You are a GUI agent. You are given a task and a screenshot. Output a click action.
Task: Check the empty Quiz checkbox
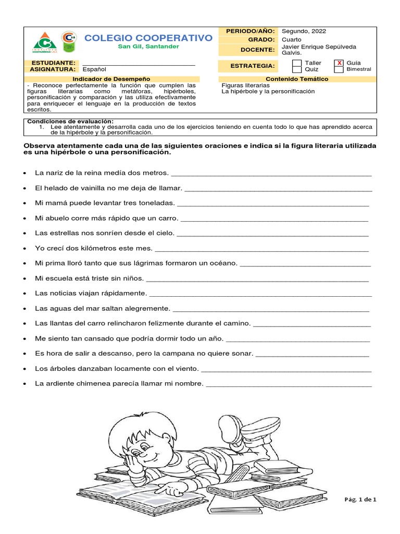(x=296, y=69)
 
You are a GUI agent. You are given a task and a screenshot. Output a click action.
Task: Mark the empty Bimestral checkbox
(x=339, y=69)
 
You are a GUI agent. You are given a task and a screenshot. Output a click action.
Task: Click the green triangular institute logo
(x=46, y=42)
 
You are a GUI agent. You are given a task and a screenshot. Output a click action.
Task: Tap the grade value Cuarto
(x=292, y=39)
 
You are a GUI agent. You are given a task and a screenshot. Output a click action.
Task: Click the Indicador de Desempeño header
(x=111, y=79)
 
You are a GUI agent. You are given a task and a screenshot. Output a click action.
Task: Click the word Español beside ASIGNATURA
(x=94, y=69)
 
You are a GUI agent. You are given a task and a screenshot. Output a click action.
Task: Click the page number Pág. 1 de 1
(x=360, y=499)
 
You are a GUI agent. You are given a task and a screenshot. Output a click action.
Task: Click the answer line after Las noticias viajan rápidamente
(x=260, y=294)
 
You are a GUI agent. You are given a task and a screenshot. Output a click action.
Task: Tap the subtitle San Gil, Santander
(x=148, y=46)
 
